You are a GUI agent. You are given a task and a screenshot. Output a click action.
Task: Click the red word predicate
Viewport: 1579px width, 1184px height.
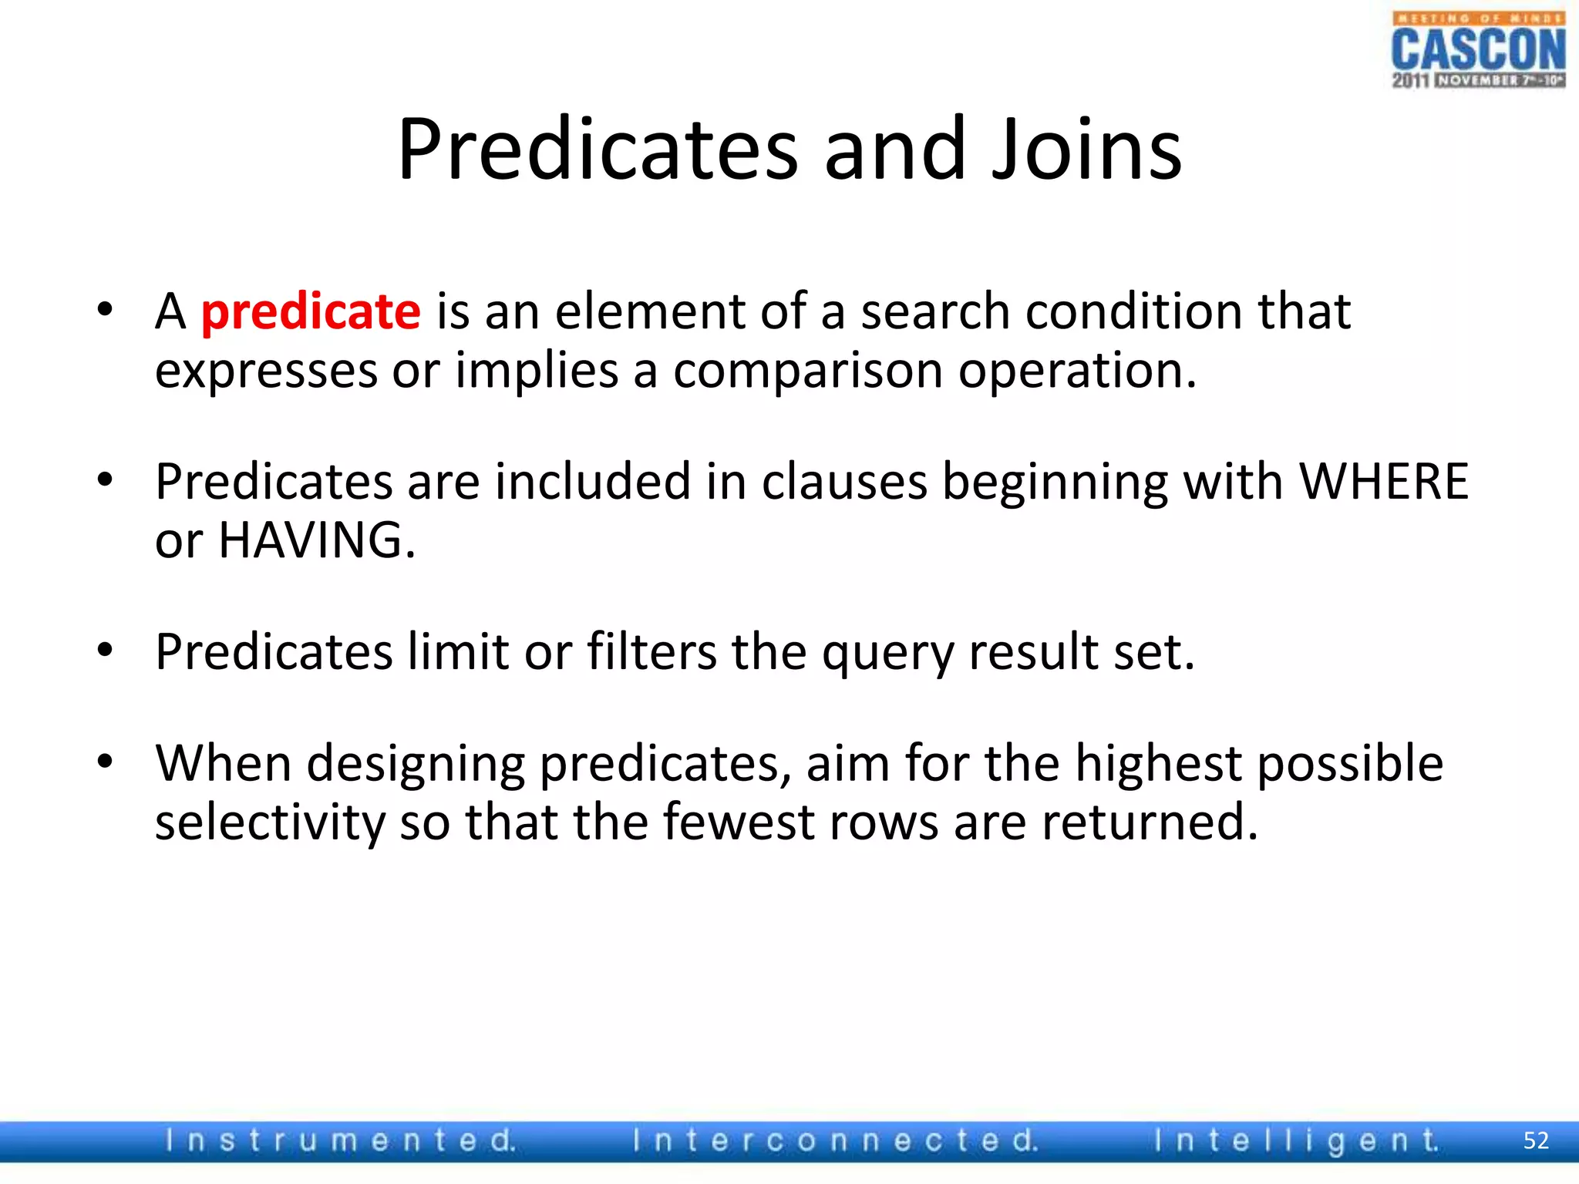(310, 312)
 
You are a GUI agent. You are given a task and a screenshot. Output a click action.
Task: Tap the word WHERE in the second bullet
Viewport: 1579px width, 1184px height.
(1384, 482)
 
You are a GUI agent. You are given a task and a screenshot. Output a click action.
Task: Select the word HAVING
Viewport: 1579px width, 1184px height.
(316, 540)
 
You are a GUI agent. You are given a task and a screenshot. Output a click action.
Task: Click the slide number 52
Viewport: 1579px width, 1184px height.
(1536, 1141)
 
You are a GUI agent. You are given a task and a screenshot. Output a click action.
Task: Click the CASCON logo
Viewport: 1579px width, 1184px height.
(1478, 50)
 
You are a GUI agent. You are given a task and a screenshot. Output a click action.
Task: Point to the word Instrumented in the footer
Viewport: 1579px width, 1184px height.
(340, 1140)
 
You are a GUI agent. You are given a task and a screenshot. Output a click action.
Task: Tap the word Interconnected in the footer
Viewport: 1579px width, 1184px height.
(835, 1140)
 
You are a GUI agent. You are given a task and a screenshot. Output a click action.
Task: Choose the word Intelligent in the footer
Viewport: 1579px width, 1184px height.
(1296, 1140)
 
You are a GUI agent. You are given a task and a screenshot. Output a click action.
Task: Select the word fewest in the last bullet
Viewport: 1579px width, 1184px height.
(738, 822)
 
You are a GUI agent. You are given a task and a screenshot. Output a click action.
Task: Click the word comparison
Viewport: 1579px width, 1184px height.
(808, 371)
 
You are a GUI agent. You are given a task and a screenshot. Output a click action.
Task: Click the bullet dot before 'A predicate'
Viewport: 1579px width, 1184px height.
(106, 311)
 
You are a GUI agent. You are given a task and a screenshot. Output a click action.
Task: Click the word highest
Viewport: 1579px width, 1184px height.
(1159, 764)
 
